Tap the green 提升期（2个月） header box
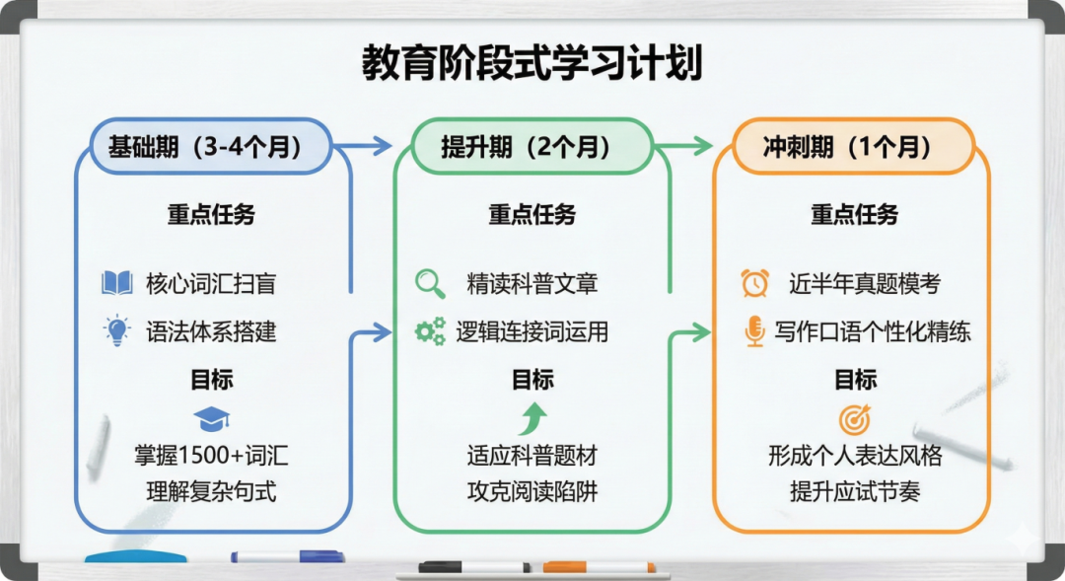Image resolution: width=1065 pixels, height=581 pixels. pyautogui.click(x=524, y=147)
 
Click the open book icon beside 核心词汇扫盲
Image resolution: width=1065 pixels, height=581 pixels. pyautogui.click(x=117, y=284)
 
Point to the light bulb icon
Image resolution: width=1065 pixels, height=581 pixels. pyautogui.click(x=117, y=330)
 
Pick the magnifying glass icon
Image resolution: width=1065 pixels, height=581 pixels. pyautogui.click(x=430, y=284)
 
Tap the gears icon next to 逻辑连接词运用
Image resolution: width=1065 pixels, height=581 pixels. pyautogui.click(x=430, y=331)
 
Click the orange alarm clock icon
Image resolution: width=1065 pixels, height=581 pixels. pyautogui.click(x=754, y=284)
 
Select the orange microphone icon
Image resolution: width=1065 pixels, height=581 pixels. pyautogui.click(x=754, y=331)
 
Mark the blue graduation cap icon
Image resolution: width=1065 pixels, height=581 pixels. pyautogui.click(x=211, y=418)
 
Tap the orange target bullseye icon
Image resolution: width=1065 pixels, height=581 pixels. pyautogui.click(x=854, y=419)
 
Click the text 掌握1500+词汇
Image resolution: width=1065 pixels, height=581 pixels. pyautogui.click(x=211, y=456)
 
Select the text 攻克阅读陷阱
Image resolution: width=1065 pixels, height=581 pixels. pyautogui.click(x=532, y=491)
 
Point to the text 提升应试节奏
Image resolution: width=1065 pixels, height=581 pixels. pyautogui.click(x=854, y=491)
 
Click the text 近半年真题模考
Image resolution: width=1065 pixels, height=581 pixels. pyautogui.click(x=864, y=284)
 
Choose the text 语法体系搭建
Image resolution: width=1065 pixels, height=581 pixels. pyautogui.click(x=211, y=331)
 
